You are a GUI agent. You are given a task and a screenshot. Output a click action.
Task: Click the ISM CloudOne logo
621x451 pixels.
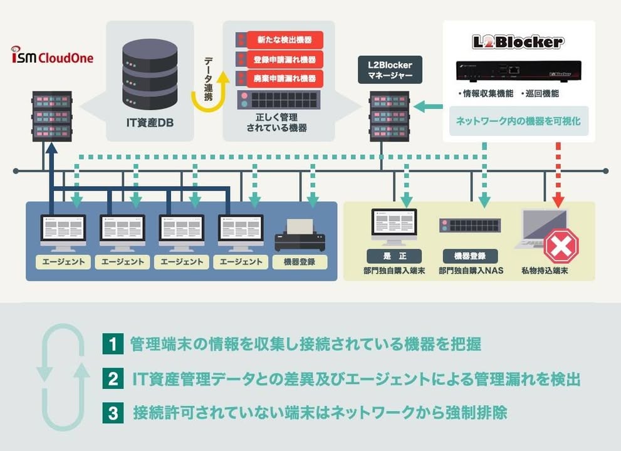pos(52,55)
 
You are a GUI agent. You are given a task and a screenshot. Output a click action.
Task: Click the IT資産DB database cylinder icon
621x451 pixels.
pos(150,75)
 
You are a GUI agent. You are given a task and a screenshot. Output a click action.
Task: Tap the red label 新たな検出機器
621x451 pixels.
pos(284,39)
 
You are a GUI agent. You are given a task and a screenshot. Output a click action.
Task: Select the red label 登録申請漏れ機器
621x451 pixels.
pos(284,60)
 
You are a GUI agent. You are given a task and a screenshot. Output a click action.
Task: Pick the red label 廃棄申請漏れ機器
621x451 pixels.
pos(284,78)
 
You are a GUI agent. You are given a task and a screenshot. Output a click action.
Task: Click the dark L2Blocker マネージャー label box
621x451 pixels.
pos(390,70)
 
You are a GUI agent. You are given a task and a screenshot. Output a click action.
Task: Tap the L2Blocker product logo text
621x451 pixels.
pos(518,41)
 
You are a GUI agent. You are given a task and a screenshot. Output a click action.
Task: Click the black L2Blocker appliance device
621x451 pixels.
pos(519,71)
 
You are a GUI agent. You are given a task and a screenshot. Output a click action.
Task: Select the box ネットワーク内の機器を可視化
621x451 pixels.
pos(519,121)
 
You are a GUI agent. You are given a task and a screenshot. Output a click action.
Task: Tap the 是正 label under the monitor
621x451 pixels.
pos(394,256)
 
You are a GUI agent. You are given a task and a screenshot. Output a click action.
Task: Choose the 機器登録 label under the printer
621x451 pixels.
pos(300,262)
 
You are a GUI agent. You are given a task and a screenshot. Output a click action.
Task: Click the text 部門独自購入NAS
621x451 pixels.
pos(471,271)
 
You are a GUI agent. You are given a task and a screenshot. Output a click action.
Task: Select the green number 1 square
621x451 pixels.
pos(113,344)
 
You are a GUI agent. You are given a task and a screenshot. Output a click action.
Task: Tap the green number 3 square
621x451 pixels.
pos(113,413)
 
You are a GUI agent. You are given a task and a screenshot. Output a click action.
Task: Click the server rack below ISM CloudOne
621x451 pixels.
pos(52,116)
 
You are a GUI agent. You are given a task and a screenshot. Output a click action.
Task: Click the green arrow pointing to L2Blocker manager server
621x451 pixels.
pos(428,106)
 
